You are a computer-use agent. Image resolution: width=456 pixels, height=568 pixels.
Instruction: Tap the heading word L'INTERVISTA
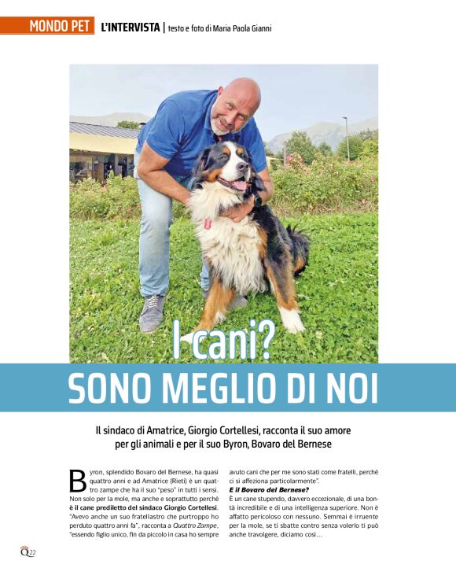[131, 27]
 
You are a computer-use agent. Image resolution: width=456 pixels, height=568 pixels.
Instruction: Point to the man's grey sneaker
[153, 312]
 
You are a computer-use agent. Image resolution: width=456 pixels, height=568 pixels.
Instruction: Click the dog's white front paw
[292, 319]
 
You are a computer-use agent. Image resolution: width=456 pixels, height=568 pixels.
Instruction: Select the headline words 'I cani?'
[223, 340]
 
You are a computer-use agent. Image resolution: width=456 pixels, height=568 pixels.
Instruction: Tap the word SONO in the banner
[108, 388]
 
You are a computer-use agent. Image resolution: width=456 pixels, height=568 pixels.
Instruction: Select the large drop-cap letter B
[78, 481]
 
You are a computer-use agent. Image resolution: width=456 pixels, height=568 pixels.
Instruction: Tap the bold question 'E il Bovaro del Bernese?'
[263, 489]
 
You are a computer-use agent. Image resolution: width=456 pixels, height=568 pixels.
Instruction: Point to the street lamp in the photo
[346, 138]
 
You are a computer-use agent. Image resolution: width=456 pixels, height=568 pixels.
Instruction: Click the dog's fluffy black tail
[299, 248]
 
